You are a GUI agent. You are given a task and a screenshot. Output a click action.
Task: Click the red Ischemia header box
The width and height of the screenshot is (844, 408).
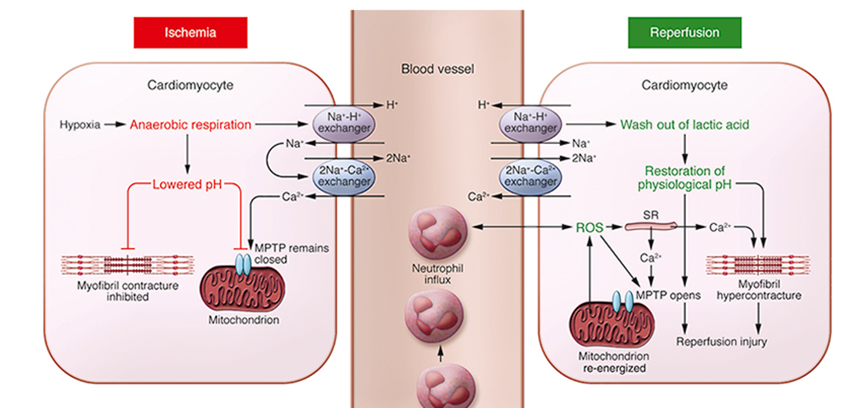tap(190, 32)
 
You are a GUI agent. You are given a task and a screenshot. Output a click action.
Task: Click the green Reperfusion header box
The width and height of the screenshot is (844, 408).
tap(684, 32)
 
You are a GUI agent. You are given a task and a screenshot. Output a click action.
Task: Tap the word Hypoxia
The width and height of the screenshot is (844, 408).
tap(79, 124)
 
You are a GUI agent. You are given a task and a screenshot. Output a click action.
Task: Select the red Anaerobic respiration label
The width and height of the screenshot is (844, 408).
tap(190, 124)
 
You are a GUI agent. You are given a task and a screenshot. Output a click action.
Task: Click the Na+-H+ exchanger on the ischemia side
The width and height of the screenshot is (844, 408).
tap(343, 123)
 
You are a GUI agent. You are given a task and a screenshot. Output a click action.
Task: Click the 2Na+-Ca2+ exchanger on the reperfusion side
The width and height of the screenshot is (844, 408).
tap(530, 177)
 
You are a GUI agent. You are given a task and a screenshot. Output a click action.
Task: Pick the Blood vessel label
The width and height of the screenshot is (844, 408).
tap(437, 70)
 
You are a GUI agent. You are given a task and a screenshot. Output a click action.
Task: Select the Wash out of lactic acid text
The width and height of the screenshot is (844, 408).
tap(685, 124)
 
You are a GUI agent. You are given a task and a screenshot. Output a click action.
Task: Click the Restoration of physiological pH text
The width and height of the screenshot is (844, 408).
tap(685, 178)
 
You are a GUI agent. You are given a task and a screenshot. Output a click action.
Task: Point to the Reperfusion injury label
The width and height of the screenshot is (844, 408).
tap(721, 342)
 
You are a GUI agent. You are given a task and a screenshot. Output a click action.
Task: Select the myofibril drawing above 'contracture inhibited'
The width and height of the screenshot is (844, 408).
tap(127, 264)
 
